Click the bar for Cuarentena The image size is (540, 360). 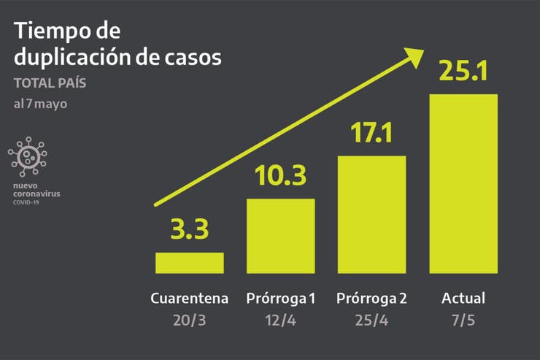[190, 263]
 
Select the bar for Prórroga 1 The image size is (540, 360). [281, 236]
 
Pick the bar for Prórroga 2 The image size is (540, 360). [371, 215]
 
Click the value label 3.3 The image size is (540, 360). [190, 229]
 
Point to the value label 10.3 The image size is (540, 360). [280, 176]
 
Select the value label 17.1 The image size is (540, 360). [372, 133]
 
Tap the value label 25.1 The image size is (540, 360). [463, 72]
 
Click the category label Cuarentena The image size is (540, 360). [190, 299]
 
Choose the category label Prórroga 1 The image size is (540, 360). [281, 299]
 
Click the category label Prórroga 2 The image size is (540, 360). [372, 299]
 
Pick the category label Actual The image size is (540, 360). [463, 299]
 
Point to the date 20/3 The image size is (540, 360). [190, 321]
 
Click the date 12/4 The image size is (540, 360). [281, 321]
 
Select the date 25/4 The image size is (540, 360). [372, 321]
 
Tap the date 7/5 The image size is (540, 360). [463, 321]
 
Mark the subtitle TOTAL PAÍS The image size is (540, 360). [50, 83]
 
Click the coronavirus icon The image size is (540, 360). [28, 156]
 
